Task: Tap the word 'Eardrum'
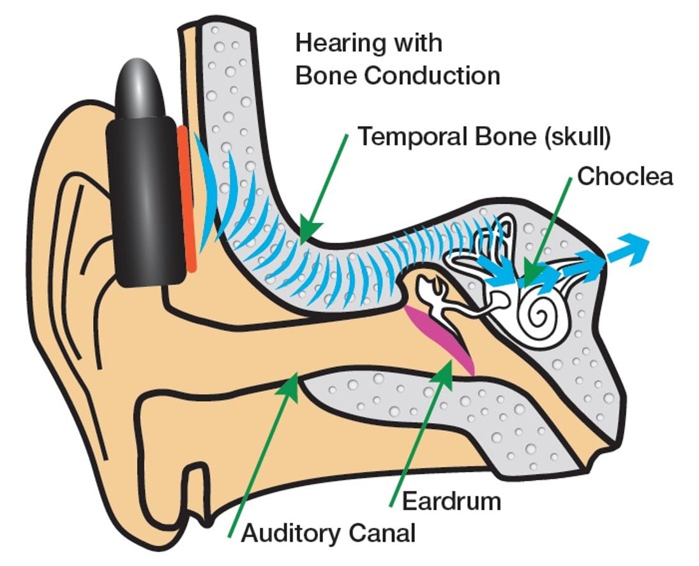click(x=451, y=500)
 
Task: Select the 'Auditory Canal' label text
click(x=328, y=531)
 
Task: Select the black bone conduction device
click(x=141, y=198)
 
